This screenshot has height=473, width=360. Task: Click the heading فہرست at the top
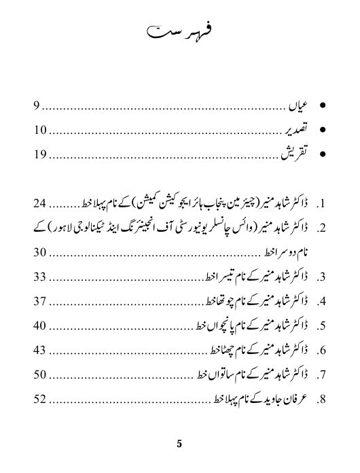(180, 33)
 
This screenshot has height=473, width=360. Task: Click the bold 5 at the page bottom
(179, 445)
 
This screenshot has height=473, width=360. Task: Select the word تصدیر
(293, 131)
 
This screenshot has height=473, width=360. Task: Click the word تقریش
(293, 155)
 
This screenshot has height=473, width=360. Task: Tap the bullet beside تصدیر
(323, 131)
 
